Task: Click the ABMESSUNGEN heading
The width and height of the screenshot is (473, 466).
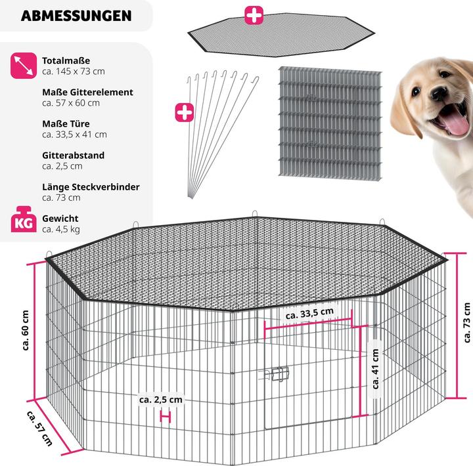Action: click(x=76, y=16)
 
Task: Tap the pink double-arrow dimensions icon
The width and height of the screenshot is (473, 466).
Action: click(x=24, y=66)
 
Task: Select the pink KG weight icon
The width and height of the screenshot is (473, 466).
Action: click(x=24, y=219)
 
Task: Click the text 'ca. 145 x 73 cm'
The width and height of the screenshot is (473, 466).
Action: click(x=74, y=72)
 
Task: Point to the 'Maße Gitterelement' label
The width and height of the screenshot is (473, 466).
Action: click(x=87, y=93)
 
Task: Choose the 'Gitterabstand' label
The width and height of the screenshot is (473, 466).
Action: click(x=74, y=156)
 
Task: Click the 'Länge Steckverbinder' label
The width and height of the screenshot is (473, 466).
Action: click(x=91, y=187)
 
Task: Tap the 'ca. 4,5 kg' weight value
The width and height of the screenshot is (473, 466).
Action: click(x=61, y=229)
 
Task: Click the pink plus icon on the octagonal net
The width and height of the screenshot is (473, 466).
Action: click(x=254, y=15)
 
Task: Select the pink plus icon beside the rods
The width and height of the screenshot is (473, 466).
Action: click(x=185, y=112)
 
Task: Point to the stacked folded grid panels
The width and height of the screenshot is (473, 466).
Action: click(x=330, y=123)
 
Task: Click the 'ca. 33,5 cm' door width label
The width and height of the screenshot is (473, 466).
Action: click(x=310, y=314)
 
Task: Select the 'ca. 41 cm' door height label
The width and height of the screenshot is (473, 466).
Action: click(x=375, y=369)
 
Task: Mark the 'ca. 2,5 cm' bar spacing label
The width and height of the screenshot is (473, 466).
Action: click(x=161, y=400)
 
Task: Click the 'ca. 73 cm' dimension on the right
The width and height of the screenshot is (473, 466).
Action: click(x=466, y=322)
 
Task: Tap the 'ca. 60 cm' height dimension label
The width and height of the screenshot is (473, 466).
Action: click(x=26, y=330)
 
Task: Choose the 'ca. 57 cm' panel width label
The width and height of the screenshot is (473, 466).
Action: click(x=39, y=428)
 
